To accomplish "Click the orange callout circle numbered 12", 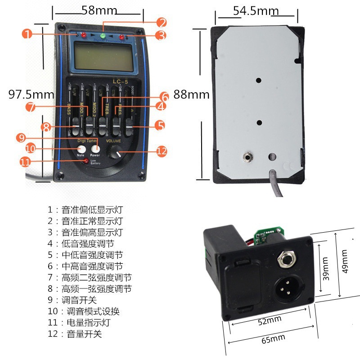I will (162, 152).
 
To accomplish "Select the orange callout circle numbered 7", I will (31, 107).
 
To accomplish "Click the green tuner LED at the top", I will (102, 36).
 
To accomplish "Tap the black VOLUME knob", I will (118, 154).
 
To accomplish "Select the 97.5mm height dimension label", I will (31, 94).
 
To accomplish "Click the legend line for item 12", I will (75, 334).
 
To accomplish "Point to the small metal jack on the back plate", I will (247, 157).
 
